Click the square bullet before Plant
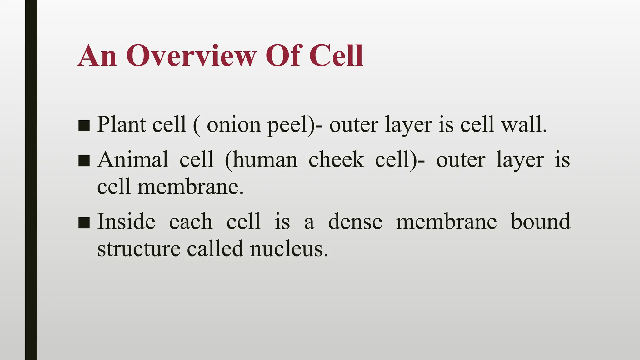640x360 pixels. pyautogui.click(x=84, y=126)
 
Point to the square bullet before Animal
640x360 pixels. pyautogui.click(x=84, y=161)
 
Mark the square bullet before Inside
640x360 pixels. pyautogui.click(x=84, y=222)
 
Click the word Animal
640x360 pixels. pyautogui.click(x=133, y=159)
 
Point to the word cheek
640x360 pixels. pyautogui.click(x=336, y=159)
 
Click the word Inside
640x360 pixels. pyautogui.click(x=126, y=222)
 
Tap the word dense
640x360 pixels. pyautogui.click(x=355, y=222)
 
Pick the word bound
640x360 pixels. pyautogui.click(x=541, y=222)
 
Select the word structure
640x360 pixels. pyautogui.click(x=139, y=249)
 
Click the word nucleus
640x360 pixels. pyautogui.click(x=289, y=249)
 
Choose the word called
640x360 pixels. pyautogui.click(x=215, y=249)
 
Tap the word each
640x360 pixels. pyautogui.click(x=191, y=222)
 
